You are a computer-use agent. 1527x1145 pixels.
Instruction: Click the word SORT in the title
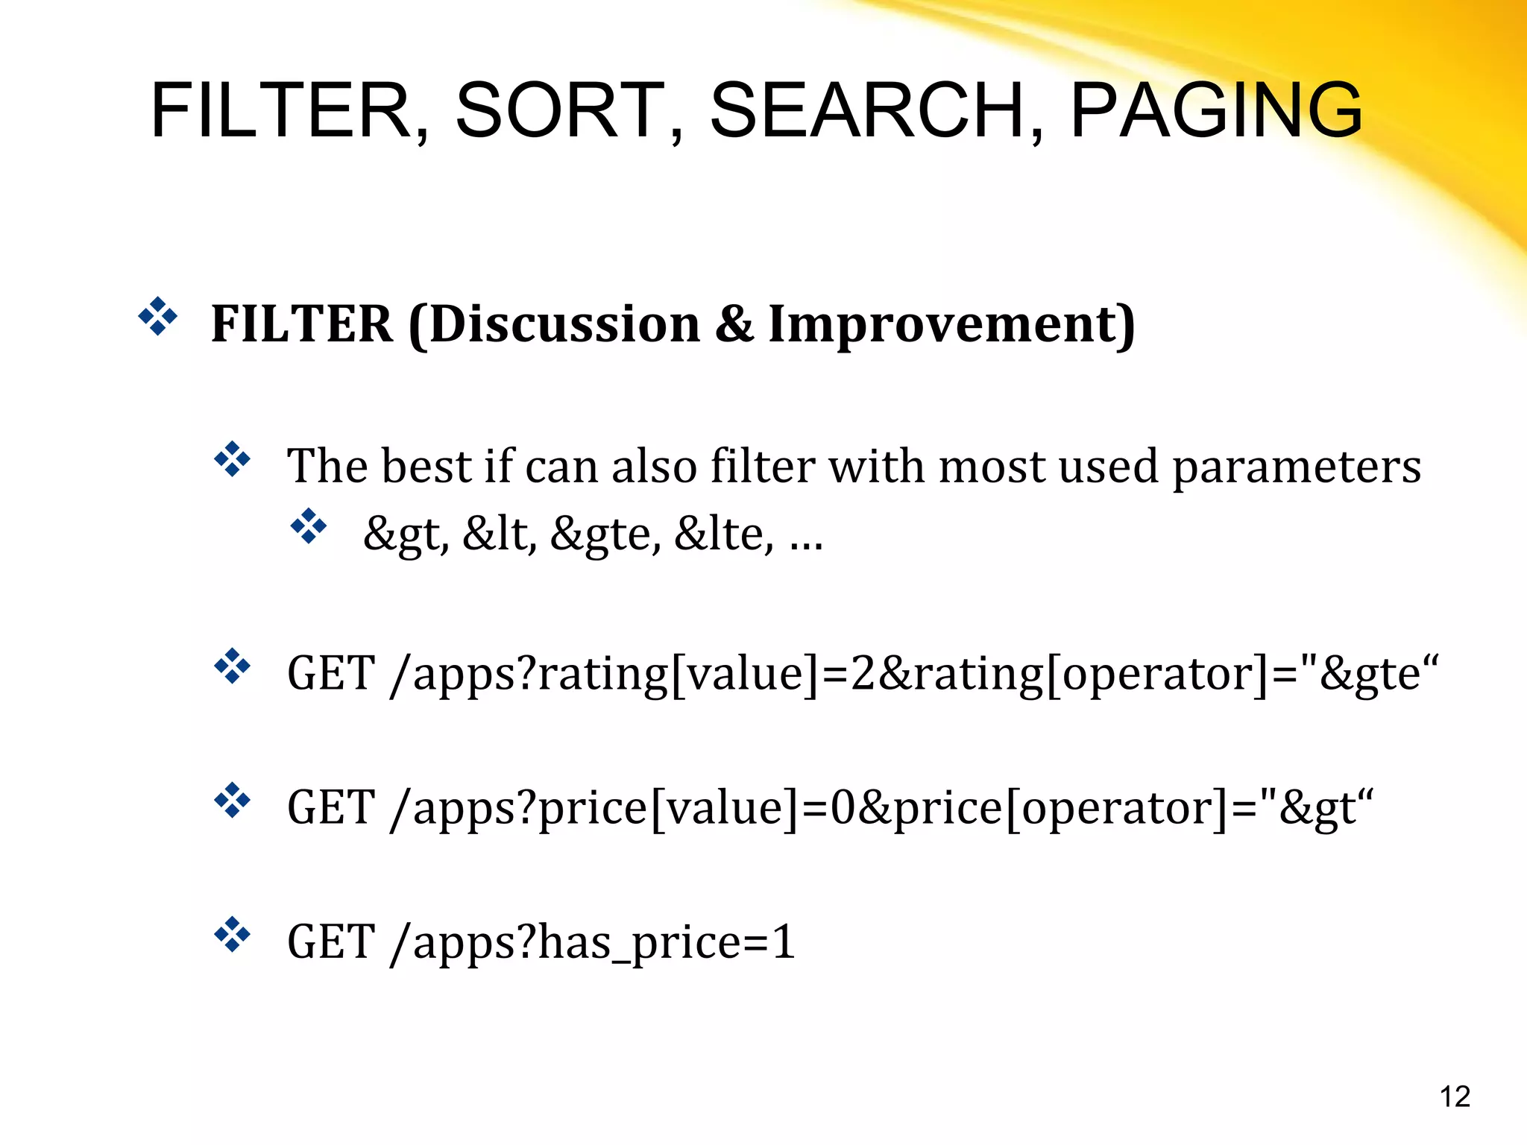pos(559,110)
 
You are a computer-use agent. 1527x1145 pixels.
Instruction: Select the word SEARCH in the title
pos(869,110)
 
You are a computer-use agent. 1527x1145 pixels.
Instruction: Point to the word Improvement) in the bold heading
pos(951,325)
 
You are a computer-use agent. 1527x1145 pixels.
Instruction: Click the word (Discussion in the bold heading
pos(555,325)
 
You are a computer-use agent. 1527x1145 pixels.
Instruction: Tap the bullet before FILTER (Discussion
pos(157,316)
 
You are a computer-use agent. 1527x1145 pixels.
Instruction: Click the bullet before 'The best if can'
pos(233,459)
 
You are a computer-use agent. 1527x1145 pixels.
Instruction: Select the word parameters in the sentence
pos(1297,467)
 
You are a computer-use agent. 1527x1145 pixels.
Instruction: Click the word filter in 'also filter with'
pos(763,467)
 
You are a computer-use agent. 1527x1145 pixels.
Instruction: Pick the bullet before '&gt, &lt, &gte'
pos(309,526)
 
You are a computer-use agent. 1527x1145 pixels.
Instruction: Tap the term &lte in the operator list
pos(722,534)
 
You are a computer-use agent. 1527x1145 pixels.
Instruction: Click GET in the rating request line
pos(331,674)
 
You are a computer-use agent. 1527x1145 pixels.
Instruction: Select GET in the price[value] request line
pos(331,808)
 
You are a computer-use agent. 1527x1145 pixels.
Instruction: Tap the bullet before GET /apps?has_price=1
pos(233,935)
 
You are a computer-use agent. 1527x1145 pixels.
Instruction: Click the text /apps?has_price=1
pos(593,942)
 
